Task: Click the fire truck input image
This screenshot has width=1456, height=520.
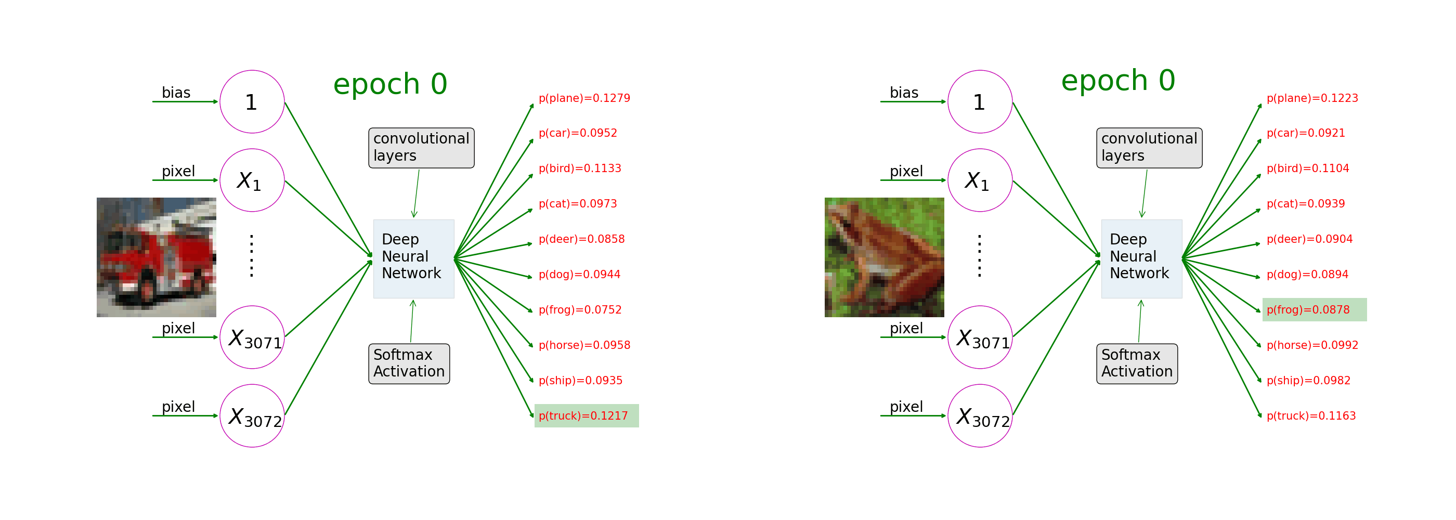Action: click(x=156, y=257)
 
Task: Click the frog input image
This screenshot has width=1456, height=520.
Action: click(x=884, y=257)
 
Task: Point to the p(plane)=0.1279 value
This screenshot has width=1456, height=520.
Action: click(x=584, y=98)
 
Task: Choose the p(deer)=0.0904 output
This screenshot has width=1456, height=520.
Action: click(x=1309, y=239)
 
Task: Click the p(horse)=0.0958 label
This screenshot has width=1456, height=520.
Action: click(x=584, y=345)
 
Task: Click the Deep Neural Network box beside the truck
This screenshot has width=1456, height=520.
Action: click(x=413, y=258)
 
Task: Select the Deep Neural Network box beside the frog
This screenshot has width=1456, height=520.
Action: click(x=1141, y=258)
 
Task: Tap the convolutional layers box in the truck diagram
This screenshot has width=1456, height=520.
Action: click(x=421, y=148)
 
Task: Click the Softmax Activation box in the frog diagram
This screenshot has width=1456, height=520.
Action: click(x=1137, y=363)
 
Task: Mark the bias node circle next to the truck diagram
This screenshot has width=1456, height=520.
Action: click(x=252, y=102)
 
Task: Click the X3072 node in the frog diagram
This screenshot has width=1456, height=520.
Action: click(x=980, y=416)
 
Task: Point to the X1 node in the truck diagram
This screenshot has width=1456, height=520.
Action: click(x=252, y=180)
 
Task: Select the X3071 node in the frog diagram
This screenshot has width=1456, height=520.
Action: click(x=980, y=337)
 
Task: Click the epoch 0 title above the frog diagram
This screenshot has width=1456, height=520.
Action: click(x=1117, y=80)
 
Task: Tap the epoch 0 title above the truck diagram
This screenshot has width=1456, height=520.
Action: click(x=390, y=84)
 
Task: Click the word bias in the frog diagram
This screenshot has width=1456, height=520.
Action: click(x=904, y=93)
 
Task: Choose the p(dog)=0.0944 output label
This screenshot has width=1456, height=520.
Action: click(x=579, y=275)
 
